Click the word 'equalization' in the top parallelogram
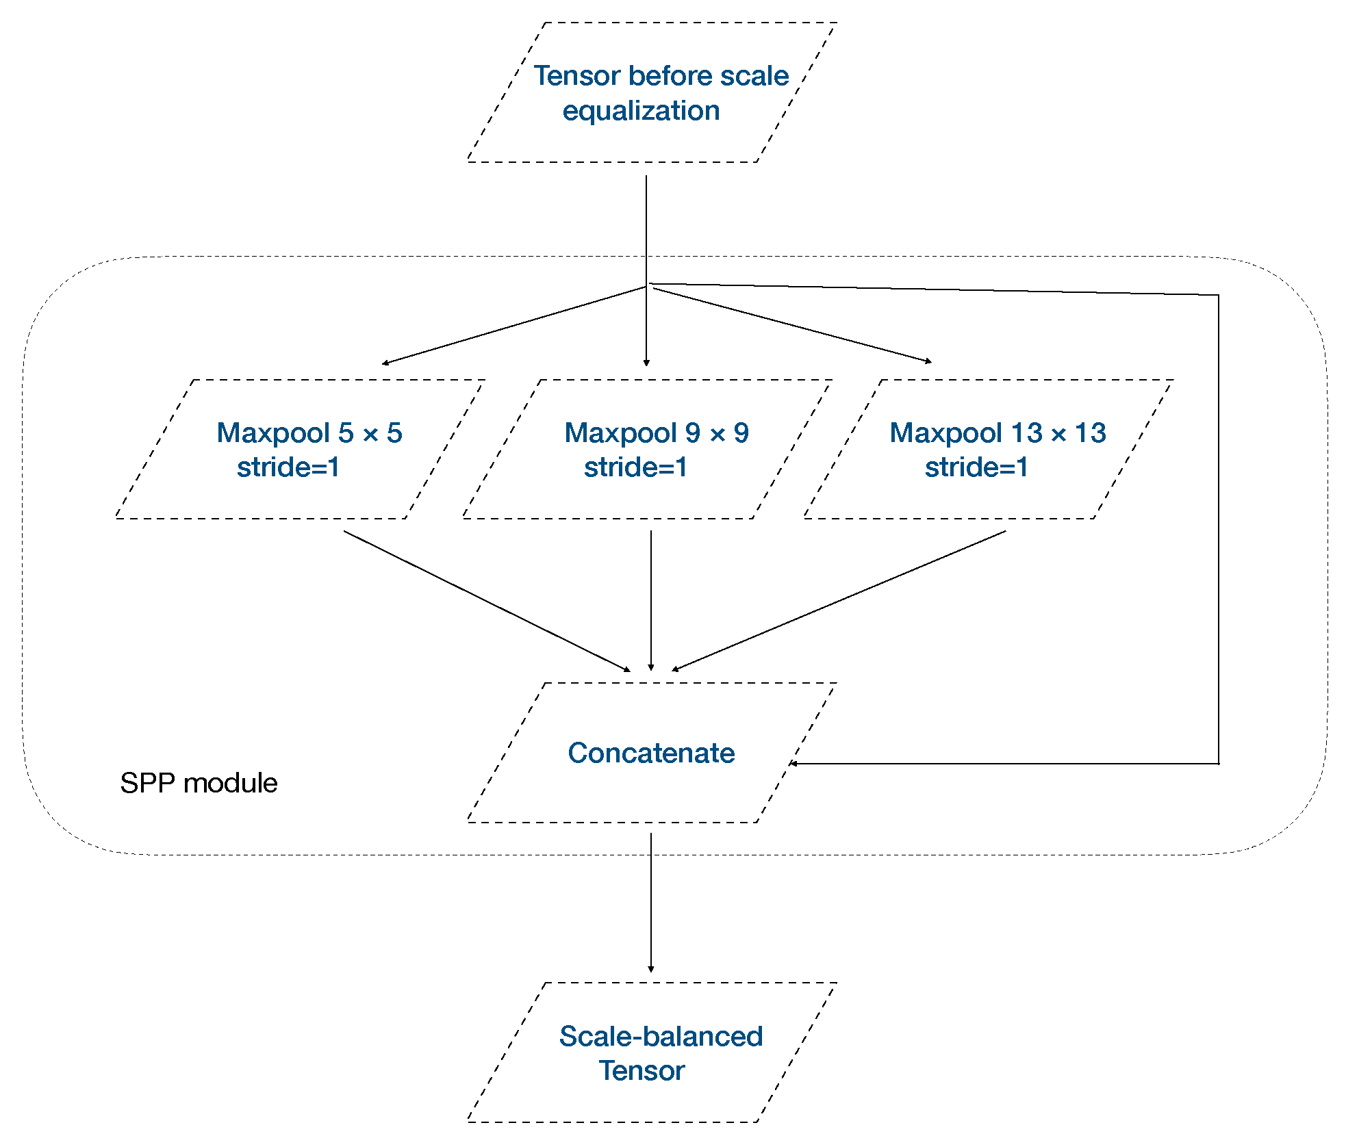tap(641, 111)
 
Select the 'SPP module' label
tap(199, 783)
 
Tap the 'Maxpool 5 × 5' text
tap(309, 433)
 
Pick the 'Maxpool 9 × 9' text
tap(657, 433)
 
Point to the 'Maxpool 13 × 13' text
tap(998, 433)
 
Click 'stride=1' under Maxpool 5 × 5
tap(288, 467)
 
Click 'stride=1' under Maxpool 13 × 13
tap(976, 467)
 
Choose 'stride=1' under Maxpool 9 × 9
tap(635, 467)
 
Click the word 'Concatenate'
tap(651, 753)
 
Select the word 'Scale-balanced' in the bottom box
tap(661, 1036)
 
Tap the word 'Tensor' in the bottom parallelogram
tap(642, 1071)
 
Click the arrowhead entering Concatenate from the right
tap(793, 763)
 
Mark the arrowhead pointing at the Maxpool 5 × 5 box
tap(385, 363)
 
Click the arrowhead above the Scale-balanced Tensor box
tap(650, 968)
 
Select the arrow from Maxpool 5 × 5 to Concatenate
tap(486, 601)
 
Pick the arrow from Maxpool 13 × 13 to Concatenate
tap(839, 600)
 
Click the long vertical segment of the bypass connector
tap(1219, 527)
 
